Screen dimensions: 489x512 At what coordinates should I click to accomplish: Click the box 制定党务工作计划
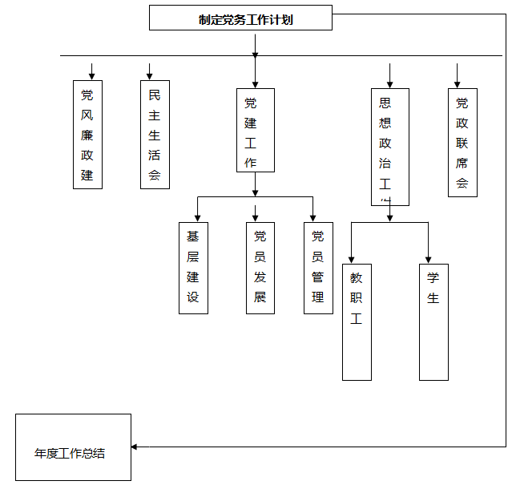pos(240,18)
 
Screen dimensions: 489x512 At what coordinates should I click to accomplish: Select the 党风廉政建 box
pos(87,134)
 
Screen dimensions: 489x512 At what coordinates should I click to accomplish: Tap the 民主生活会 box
pos(155,134)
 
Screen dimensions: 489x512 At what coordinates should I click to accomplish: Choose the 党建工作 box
pos(256,130)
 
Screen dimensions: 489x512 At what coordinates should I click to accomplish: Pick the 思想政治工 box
pos(390,147)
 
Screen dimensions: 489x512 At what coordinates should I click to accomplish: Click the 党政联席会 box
pos(462,142)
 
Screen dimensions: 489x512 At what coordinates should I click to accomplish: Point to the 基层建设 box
pos(193,268)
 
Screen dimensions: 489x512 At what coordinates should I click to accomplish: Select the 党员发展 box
pos(260,268)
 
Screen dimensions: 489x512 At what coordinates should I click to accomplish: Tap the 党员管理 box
pos(318,268)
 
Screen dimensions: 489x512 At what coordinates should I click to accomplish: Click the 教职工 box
pos(357,321)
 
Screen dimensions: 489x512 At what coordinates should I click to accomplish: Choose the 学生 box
pos(433,321)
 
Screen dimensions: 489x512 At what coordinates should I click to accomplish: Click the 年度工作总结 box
pos(73,447)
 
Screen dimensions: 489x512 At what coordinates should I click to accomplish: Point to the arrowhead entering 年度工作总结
pos(135,447)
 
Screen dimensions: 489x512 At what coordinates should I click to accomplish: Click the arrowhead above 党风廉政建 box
pos(91,75)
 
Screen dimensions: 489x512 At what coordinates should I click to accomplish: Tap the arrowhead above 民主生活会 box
pos(149,75)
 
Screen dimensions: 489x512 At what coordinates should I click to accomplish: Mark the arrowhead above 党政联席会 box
pos(458,82)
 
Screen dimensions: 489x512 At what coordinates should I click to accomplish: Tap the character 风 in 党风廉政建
pos(87,115)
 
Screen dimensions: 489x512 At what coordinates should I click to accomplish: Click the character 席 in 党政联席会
pos(462,163)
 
